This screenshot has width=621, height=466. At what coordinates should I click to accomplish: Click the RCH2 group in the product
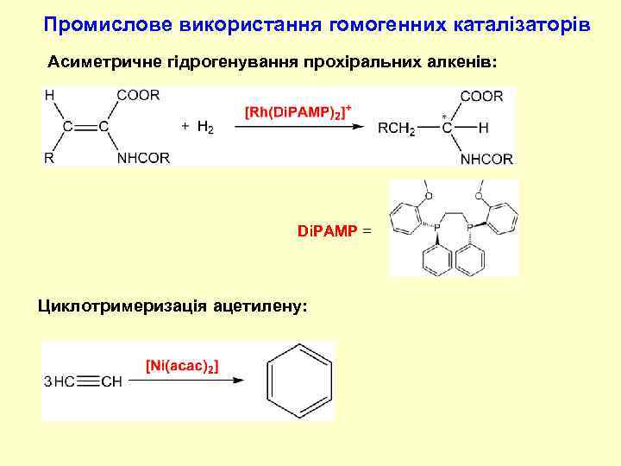397,128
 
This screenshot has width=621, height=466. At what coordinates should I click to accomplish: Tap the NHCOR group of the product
486,159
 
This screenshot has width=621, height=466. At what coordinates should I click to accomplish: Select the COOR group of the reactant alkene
138,96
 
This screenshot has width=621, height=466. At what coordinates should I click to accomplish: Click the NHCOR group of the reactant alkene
143,158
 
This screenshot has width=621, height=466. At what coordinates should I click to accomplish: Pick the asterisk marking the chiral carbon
444,116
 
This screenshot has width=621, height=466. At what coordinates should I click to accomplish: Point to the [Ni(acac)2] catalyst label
182,366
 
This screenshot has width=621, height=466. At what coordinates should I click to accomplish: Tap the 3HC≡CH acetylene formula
83,381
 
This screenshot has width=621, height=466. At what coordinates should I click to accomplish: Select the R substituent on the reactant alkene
49,158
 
